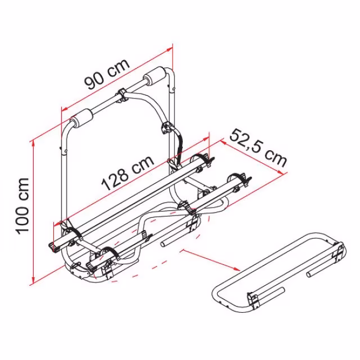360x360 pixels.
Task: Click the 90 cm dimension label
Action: [107, 74]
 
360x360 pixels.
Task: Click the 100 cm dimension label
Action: [22, 206]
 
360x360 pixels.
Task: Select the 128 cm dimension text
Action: [128, 173]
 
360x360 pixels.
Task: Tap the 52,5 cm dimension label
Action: [259, 148]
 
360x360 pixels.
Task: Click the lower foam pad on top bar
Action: [82, 119]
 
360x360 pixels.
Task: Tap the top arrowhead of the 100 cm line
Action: [34, 144]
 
